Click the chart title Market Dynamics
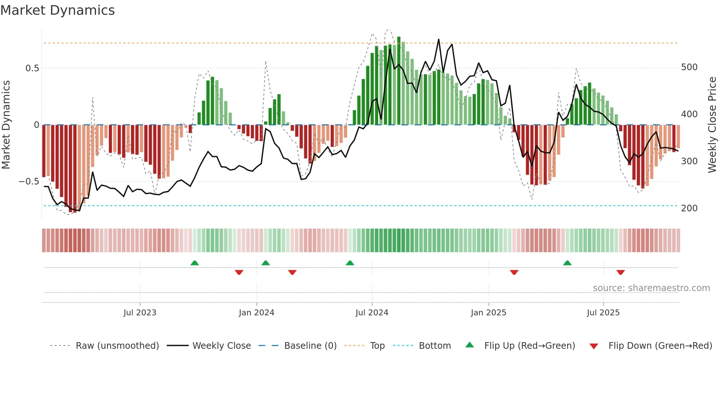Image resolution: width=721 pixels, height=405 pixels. [58, 10]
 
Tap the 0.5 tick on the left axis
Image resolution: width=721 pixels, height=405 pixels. [32, 68]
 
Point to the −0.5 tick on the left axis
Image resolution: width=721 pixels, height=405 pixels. [29, 182]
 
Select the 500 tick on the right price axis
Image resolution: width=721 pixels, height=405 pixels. [689, 67]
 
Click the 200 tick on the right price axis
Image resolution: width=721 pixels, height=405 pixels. [689, 208]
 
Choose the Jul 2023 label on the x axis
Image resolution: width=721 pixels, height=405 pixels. [140, 313]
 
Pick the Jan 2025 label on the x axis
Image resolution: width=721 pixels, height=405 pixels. [489, 313]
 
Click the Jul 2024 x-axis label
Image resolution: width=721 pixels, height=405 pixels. [372, 313]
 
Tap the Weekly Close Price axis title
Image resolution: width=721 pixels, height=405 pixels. [712, 125]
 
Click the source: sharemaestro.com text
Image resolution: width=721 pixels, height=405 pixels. [651, 288]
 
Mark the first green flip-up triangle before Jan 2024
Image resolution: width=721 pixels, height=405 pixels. [195, 263]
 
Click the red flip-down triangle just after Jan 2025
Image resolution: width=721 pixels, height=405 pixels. [514, 272]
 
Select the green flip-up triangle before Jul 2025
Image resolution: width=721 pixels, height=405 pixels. [567, 263]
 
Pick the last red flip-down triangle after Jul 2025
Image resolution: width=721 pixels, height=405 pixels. [621, 272]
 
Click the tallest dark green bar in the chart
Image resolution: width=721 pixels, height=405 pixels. [399, 81]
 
